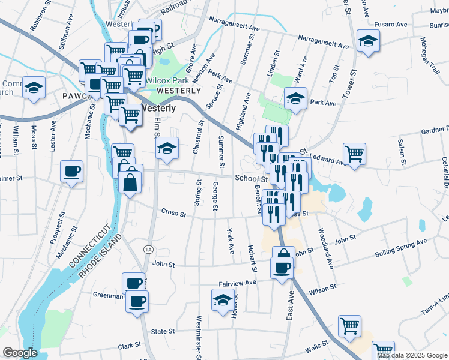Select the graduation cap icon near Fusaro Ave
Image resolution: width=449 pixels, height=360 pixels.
coord(367,41)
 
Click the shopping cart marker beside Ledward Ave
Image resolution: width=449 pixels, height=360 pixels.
coord(354,153)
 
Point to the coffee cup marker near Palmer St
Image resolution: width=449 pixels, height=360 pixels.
coord(72,172)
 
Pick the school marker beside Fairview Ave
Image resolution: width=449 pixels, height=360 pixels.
coord(223,299)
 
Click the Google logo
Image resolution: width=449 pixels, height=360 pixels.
coord(20,353)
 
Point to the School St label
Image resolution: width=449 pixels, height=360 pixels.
coord(251,178)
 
